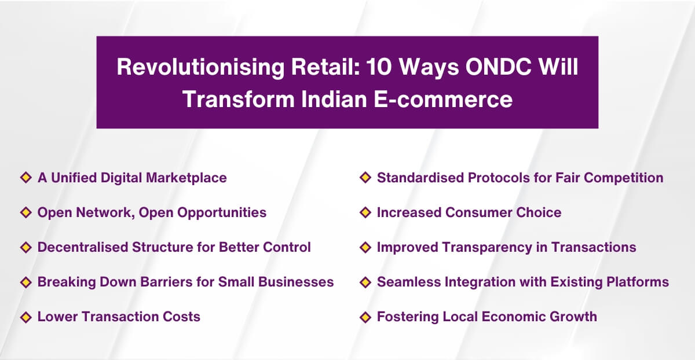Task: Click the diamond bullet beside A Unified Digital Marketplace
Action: (x=25, y=178)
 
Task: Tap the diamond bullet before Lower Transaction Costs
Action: (x=25, y=317)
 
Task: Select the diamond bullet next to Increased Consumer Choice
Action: (x=365, y=212)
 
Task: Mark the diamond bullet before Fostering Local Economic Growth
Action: (x=365, y=317)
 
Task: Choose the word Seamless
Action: (x=406, y=282)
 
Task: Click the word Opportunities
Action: (x=222, y=212)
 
